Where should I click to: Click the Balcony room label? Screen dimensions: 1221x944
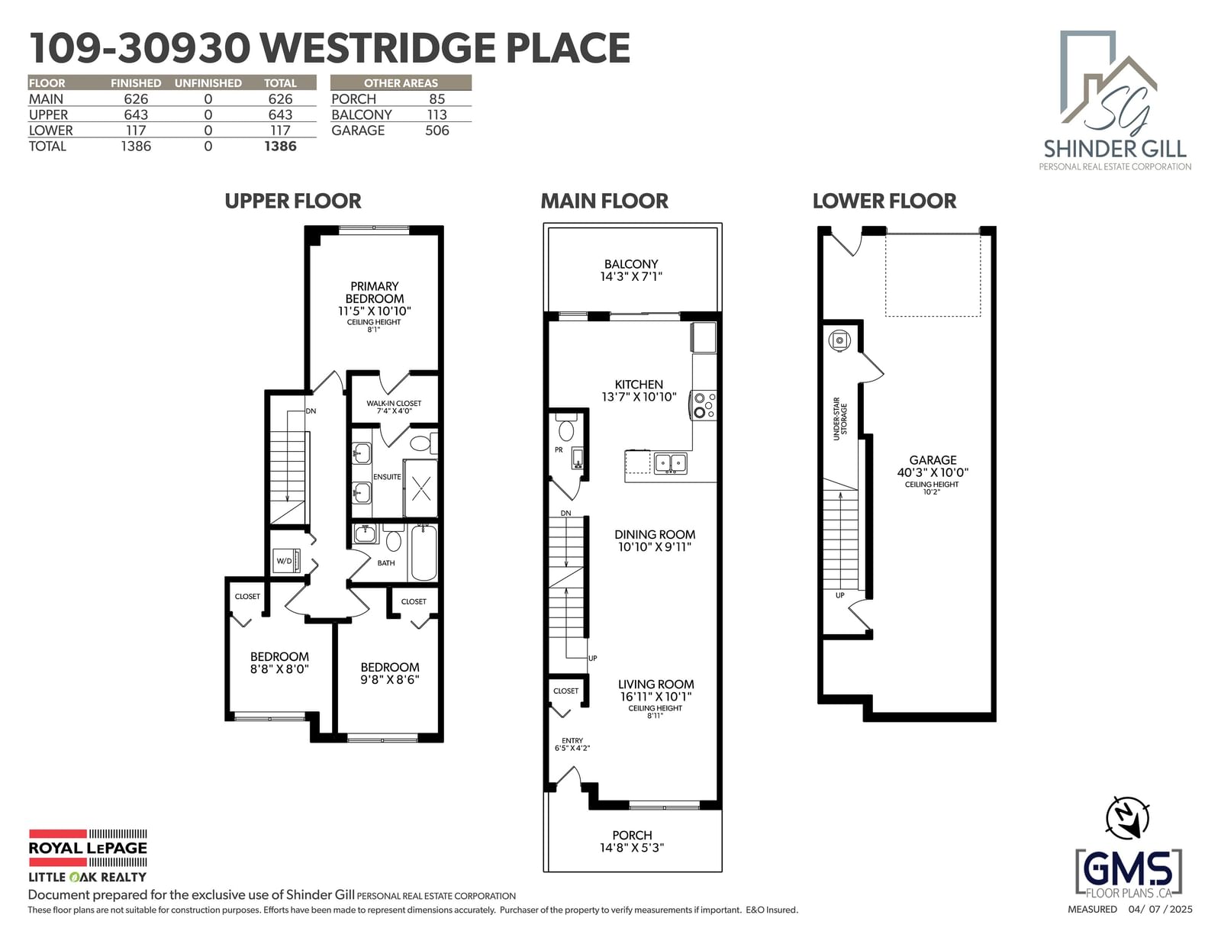631,263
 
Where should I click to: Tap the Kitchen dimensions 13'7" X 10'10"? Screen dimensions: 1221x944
639,397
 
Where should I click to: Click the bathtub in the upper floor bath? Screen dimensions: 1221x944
424,553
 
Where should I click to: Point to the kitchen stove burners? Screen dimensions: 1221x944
704,405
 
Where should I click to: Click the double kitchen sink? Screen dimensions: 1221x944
670,463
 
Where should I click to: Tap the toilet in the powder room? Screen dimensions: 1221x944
565,428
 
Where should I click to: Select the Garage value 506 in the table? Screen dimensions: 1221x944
437,130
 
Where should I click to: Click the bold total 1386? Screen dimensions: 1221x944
280,146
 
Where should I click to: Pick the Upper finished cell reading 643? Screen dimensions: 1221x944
136,114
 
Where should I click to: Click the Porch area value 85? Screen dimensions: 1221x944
437,99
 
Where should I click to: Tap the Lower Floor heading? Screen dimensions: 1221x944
884,201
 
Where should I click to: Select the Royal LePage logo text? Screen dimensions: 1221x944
88,848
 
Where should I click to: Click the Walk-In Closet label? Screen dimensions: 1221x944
394,403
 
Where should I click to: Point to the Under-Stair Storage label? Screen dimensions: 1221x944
839,419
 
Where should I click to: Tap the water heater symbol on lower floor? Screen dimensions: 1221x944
839,340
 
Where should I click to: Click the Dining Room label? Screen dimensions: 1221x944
655,534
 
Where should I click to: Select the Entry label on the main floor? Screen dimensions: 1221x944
572,740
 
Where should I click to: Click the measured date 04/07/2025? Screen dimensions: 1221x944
1160,909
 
